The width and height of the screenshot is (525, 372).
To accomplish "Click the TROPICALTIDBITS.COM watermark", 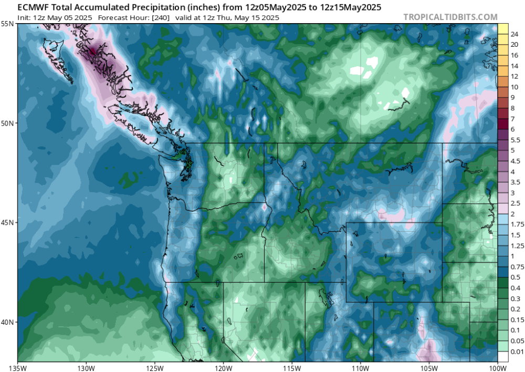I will (450, 17).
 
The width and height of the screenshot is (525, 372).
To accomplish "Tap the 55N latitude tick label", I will (7, 24).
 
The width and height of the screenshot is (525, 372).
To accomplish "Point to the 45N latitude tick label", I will (7, 222).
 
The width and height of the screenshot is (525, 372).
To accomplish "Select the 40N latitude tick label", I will (7, 322).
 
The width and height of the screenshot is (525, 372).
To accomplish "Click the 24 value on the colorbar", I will (514, 34).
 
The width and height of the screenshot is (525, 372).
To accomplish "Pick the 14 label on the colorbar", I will (514, 66).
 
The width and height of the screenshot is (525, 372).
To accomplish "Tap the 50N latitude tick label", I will (7, 123).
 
